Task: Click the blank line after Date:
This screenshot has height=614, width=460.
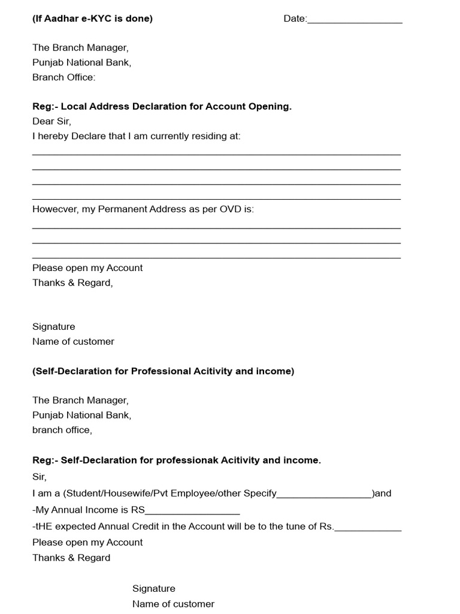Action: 355,20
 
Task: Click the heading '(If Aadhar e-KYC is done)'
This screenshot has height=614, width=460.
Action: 92,19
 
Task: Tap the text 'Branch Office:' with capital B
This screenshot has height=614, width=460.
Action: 63,77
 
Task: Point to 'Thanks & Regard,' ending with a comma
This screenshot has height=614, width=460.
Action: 72,282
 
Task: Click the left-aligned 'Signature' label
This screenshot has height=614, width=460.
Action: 54,327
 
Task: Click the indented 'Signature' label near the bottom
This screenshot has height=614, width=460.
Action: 154,589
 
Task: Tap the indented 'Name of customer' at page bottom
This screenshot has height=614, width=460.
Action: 173,604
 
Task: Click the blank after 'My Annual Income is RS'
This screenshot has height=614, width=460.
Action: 192,511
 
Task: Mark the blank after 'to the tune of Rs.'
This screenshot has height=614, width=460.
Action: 368,528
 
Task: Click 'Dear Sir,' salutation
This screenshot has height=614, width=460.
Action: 52,121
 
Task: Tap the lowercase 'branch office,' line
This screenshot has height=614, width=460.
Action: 62,430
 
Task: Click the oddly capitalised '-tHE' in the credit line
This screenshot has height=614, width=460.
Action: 44,527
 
